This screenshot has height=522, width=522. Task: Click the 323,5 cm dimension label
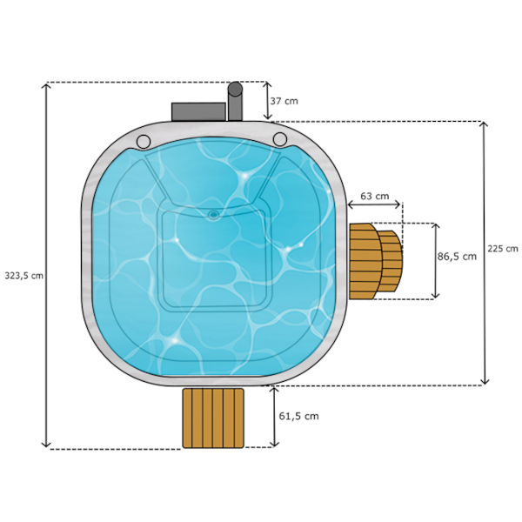tap(23, 275)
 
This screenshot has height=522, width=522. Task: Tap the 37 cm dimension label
tap(284, 101)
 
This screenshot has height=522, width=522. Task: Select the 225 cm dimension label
tap(503, 249)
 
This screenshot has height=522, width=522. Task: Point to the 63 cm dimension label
tap(375, 197)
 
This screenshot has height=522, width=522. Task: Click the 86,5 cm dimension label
tap(457, 257)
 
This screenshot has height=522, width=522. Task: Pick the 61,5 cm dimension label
tap(298, 416)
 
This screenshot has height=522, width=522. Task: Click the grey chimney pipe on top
tap(234, 102)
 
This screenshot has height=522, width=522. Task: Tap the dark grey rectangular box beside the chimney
tap(198, 112)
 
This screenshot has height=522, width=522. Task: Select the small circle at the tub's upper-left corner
tap(144, 140)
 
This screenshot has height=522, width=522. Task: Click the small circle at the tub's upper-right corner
tap(279, 139)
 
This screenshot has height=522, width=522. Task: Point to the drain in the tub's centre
tap(213, 213)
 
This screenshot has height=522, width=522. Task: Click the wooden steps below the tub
tap(213, 418)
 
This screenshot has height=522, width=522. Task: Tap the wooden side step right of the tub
tap(375, 260)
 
